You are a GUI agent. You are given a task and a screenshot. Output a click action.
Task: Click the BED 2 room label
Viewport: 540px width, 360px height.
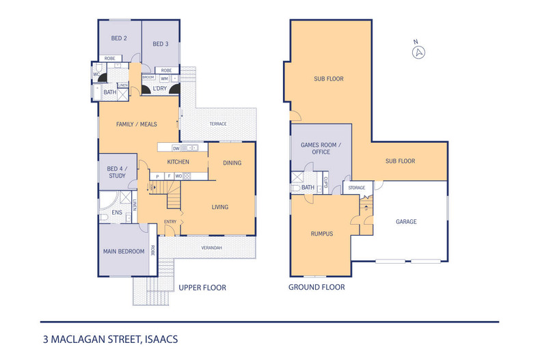tap(118, 38)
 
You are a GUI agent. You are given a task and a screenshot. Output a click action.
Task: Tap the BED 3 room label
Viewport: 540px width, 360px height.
tap(160, 44)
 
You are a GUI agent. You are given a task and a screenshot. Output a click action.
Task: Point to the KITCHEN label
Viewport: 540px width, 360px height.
tap(178, 162)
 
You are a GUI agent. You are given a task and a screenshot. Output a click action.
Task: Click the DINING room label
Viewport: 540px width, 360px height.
tap(232, 163)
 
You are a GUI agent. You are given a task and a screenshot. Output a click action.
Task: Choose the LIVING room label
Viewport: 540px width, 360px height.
tap(219, 207)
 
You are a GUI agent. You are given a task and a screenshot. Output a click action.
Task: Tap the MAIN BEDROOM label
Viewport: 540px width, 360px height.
tap(124, 251)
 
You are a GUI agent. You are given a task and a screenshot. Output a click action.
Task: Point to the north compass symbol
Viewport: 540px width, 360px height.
tap(420, 51)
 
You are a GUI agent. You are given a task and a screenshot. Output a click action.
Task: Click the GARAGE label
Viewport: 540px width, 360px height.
tap(405, 221)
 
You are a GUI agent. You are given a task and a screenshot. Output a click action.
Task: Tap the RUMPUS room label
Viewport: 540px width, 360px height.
tap(321, 233)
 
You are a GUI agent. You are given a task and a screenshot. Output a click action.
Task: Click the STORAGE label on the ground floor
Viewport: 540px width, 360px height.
tap(356, 187)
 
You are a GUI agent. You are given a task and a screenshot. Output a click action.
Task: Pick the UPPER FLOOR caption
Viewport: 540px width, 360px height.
tap(202, 288)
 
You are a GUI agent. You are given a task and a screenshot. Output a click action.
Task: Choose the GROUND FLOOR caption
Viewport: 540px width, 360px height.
tap(316, 288)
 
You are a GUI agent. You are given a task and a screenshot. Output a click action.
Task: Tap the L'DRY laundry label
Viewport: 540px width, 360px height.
tap(160, 88)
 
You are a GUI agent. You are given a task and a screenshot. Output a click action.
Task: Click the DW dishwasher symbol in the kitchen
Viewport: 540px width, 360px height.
tap(176, 148)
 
